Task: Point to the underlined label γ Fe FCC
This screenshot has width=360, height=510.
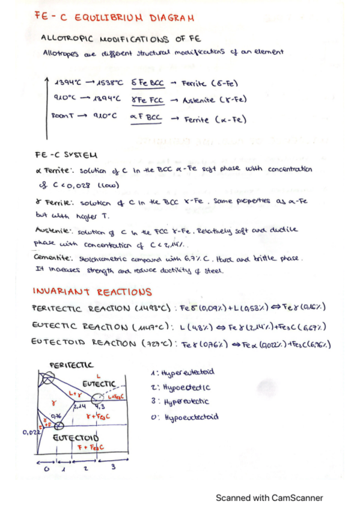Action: tap(146, 99)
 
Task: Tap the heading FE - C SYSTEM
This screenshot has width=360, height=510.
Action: tap(66, 154)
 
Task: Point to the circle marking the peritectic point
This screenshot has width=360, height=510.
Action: tap(47, 379)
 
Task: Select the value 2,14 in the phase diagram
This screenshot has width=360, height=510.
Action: tap(80, 407)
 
